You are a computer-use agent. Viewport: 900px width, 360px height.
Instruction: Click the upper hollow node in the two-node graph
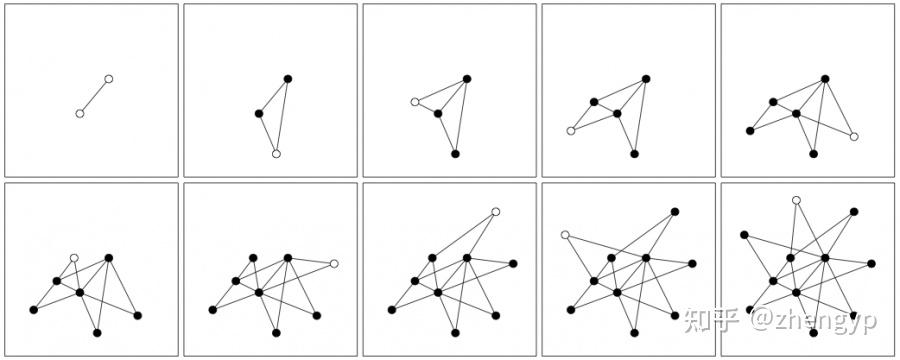coord(109,78)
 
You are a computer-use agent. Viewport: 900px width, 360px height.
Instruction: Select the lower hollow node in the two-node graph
coord(80,114)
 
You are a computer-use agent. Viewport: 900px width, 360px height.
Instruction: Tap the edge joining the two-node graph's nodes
coord(94,96)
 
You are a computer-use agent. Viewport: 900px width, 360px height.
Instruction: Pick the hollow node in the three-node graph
coord(276,154)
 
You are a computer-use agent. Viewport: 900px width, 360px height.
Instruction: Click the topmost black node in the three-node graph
coord(287,78)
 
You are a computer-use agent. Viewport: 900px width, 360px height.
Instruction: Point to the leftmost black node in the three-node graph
coord(259,113)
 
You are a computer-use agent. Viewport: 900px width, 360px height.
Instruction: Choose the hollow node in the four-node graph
coord(415,102)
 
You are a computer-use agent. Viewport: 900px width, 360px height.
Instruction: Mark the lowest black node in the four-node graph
coord(455,154)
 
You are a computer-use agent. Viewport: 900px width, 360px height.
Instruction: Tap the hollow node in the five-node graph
coord(571,130)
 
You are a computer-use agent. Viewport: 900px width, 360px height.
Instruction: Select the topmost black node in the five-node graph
coord(646,78)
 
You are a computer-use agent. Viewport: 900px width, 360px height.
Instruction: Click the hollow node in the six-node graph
coord(854,137)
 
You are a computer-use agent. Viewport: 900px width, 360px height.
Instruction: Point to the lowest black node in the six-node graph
coord(813,154)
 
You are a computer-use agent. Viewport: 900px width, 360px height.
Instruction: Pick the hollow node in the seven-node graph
coord(74,258)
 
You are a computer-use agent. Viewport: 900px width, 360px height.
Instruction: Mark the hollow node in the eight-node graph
coord(334,263)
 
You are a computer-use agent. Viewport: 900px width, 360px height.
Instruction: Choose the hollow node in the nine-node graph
coord(495,211)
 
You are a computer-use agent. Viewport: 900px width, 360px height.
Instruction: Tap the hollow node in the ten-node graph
coord(565,235)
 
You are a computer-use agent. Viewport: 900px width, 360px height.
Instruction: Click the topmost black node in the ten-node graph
coord(675,211)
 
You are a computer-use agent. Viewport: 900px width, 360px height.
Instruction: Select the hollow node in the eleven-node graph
coord(796,200)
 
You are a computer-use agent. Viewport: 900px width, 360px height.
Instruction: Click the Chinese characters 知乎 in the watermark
coord(711,321)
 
